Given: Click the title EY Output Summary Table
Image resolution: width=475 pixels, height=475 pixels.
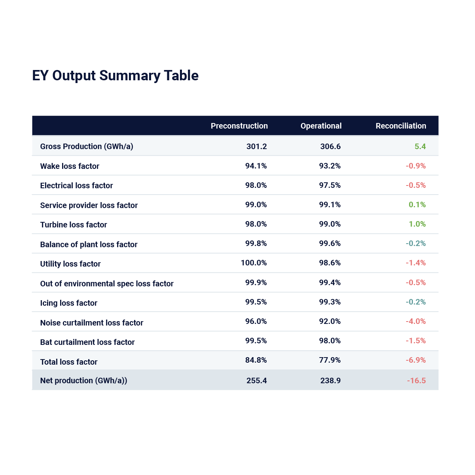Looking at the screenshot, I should (x=115, y=76).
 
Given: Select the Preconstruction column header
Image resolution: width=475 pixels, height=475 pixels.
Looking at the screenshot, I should (x=239, y=126).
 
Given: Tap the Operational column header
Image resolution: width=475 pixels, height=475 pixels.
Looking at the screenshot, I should (x=321, y=126).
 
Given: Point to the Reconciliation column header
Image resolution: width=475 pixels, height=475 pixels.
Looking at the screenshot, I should (x=401, y=126).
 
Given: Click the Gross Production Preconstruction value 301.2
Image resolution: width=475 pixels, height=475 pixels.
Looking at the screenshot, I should (x=256, y=146).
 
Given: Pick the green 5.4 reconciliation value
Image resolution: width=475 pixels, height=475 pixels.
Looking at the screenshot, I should (x=420, y=146).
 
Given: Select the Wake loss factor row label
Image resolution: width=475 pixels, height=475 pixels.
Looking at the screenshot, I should (x=70, y=166).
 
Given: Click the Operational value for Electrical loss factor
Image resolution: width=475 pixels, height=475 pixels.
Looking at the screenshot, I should (x=329, y=185).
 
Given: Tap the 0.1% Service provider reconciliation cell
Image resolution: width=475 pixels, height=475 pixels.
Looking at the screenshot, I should (x=417, y=204).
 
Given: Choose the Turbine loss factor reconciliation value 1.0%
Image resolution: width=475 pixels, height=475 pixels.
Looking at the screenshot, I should (x=417, y=224).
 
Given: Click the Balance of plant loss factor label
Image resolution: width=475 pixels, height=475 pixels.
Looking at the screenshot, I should (x=89, y=244).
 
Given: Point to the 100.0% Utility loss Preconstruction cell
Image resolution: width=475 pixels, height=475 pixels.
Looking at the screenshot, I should (x=254, y=263).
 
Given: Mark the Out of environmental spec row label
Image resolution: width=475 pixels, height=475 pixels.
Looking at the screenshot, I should (x=107, y=284).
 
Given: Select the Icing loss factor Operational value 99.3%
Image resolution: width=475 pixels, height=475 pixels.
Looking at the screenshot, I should (x=329, y=302).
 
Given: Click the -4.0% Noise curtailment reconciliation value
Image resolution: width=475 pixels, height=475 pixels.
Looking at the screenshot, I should (x=415, y=321).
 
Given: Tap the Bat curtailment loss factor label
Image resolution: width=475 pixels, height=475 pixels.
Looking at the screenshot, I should (x=87, y=342).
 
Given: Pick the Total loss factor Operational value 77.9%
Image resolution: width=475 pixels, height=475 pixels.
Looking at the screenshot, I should (x=329, y=360).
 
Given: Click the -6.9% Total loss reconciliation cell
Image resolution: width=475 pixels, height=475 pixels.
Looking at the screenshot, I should (x=415, y=360).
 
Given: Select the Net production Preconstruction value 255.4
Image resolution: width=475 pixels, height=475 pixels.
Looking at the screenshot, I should (x=256, y=380).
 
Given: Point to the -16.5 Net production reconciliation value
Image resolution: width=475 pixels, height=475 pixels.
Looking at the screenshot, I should (x=416, y=380).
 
